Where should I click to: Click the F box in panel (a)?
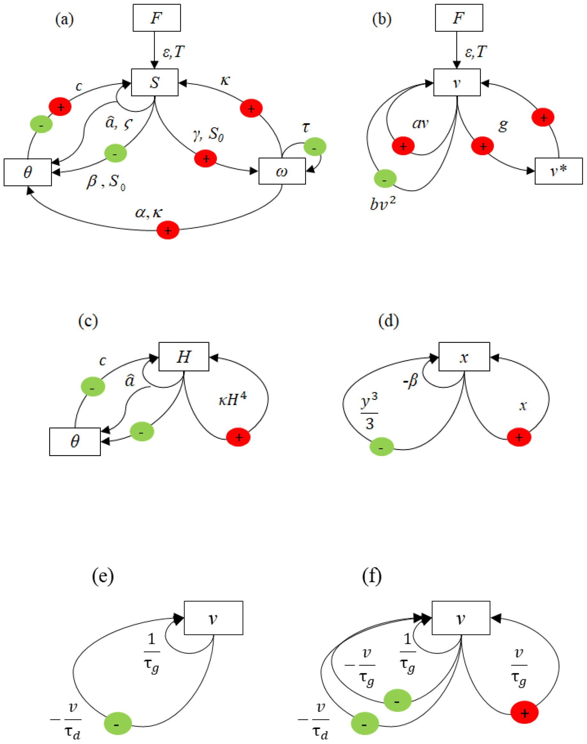point(157,18)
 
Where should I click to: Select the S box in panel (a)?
point(155,83)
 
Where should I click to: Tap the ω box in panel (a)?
point(282,171)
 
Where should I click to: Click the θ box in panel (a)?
point(28,172)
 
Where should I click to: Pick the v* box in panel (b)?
point(559,171)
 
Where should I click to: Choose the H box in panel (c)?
point(183,357)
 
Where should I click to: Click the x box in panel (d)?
point(464,357)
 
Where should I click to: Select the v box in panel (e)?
point(213,618)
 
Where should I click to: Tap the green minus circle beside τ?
point(315,147)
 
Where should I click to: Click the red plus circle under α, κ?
point(168,230)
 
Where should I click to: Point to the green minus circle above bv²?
point(385,179)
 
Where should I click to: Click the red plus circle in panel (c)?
point(238,437)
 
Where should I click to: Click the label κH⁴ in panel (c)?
point(232,399)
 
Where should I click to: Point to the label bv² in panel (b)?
point(383,204)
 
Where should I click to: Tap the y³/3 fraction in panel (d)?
point(369,412)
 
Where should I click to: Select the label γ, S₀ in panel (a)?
point(208,134)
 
